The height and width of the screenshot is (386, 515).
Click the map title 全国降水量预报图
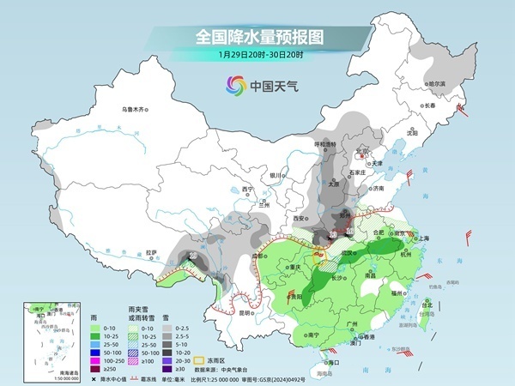pyautogui.click(x=257, y=37)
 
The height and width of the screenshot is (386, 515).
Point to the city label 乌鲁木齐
pyautogui.click(x=135, y=109)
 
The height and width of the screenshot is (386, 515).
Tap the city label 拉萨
pyautogui.click(x=152, y=252)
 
